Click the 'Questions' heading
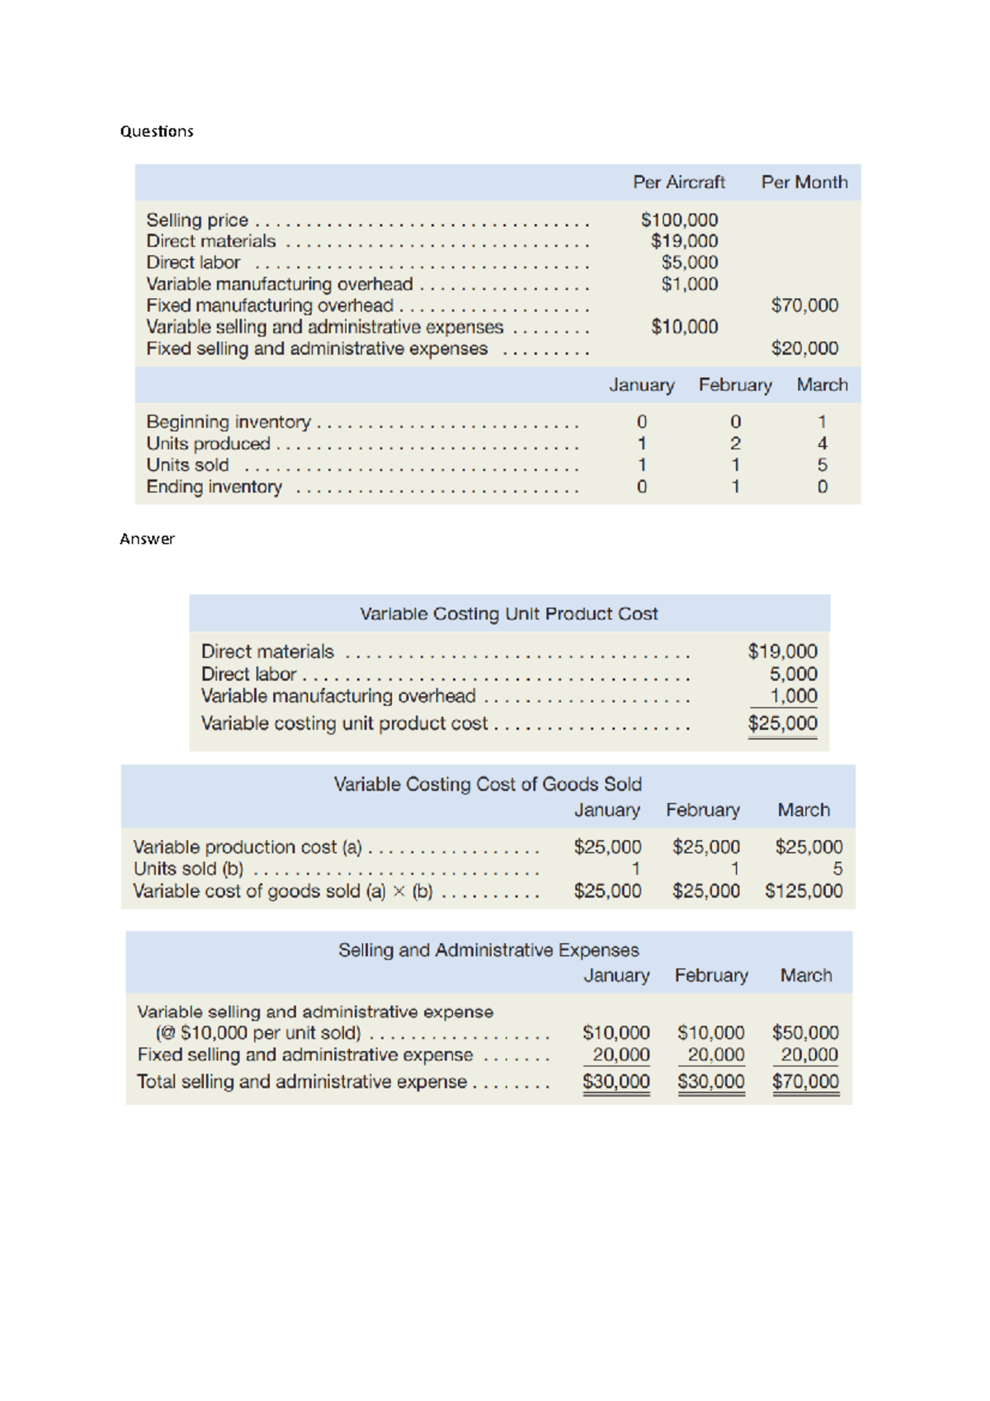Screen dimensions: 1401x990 [x=157, y=131]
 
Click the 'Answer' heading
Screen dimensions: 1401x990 [x=147, y=539]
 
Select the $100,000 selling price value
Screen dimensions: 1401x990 [x=679, y=220]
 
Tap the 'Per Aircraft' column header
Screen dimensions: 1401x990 [x=678, y=182]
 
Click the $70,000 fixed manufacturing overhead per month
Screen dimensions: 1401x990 [x=804, y=305]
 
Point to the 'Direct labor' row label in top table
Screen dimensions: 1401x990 [x=193, y=262]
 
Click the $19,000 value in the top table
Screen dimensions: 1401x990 [x=684, y=242]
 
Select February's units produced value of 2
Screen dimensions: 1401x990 [x=735, y=444]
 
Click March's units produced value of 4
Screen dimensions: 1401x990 [x=822, y=444]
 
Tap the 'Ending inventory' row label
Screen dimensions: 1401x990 [x=214, y=487]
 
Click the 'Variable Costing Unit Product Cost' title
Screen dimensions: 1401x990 [x=508, y=614]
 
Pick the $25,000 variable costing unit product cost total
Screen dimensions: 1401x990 [x=782, y=724]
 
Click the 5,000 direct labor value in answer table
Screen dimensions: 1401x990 [x=793, y=674]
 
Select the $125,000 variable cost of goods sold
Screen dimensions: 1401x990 [x=804, y=891]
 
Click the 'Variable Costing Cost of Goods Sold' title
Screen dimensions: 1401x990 [x=488, y=784]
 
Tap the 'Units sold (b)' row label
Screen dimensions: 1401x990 [x=188, y=869]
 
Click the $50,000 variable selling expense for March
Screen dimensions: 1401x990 [x=805, y=1033]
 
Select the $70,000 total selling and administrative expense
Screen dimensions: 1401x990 [x=805, y=1082]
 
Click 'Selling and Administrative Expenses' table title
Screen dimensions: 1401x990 [x=488, y=951]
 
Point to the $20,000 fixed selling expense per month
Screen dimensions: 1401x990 [x=804, y=348]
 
